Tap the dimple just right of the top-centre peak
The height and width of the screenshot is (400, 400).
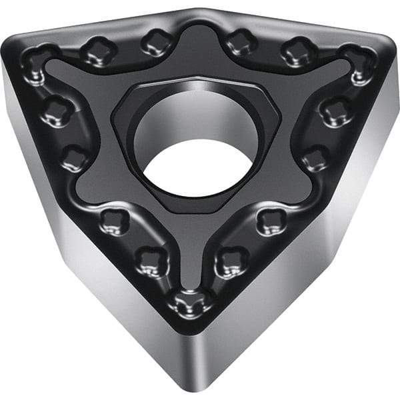tap(240, 41)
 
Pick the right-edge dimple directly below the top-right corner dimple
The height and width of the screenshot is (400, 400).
tap(333, 111)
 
